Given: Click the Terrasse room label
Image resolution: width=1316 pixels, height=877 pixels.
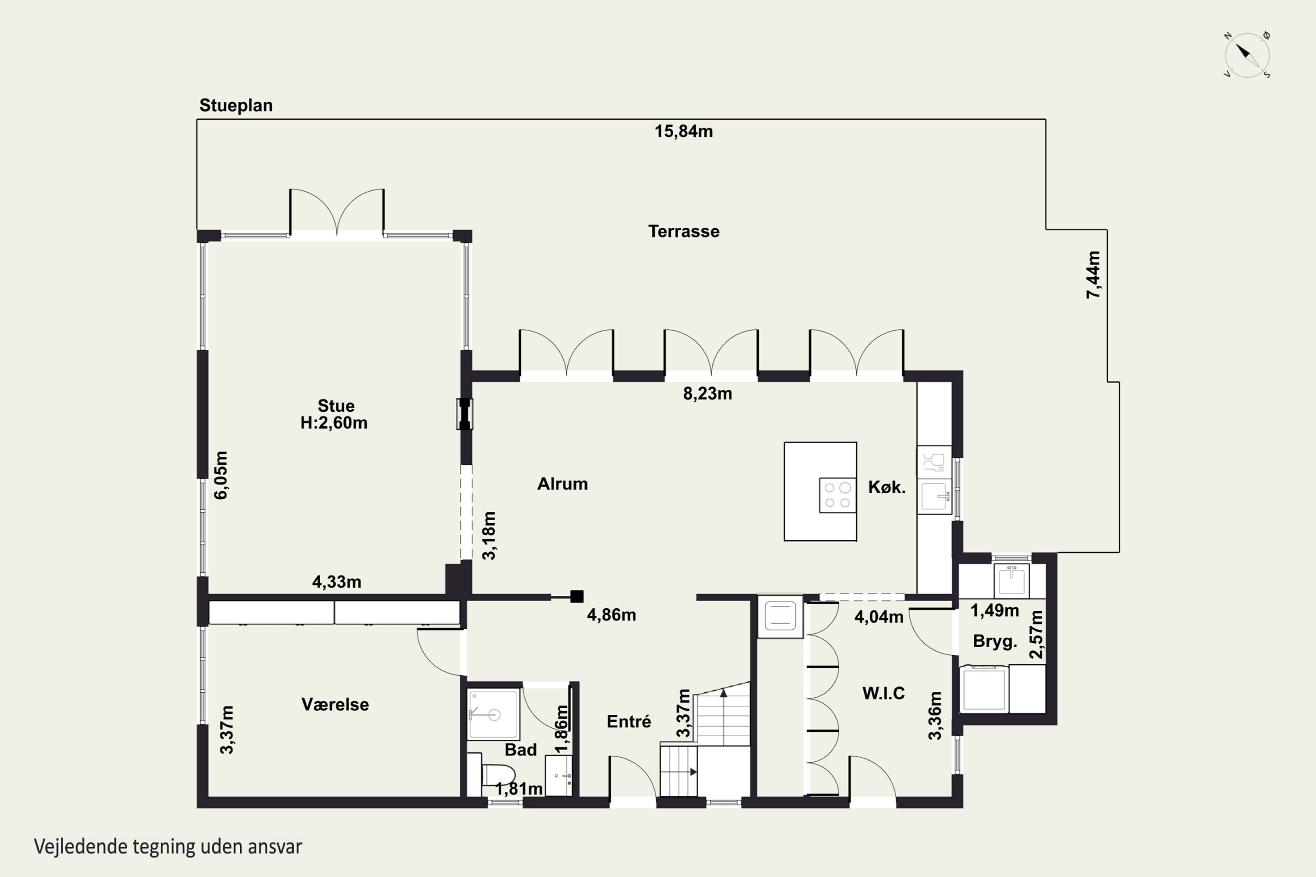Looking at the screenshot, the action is (x=684, y=231).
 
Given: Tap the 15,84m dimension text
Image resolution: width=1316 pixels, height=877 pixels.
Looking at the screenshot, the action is (x=684, y=132).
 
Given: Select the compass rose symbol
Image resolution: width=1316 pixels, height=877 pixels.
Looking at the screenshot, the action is (x=1247, y=55).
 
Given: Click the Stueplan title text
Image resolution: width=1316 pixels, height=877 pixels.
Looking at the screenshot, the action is (x=236, y=105).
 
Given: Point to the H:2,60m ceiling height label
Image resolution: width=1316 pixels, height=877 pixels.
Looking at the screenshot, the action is (x=334, y=423).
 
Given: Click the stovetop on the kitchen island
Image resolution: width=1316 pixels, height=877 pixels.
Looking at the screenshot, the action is (x=837, y=495).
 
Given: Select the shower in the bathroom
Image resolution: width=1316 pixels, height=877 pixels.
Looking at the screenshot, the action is (x=493, y=714).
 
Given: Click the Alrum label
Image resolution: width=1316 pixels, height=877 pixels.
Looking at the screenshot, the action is (x=562, y=484).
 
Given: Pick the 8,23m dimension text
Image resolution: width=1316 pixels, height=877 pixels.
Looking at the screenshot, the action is (x=707, y=394).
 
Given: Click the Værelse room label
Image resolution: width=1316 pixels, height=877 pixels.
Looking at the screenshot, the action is (x=335, y=704).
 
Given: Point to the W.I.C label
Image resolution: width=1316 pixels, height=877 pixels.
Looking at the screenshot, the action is (x=883, y=694).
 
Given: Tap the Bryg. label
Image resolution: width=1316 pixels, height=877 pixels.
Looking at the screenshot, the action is (x=995, y=642).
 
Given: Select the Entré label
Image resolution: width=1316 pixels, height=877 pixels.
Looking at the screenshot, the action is (x=629, y=721).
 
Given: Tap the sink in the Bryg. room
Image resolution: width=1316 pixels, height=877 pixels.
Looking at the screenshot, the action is (x=1012, y=581).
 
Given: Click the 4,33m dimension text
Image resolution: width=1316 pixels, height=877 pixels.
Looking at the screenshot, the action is (x=337, y=582).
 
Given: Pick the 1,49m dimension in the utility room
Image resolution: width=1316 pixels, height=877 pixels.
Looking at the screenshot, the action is (x=994, y=611).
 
